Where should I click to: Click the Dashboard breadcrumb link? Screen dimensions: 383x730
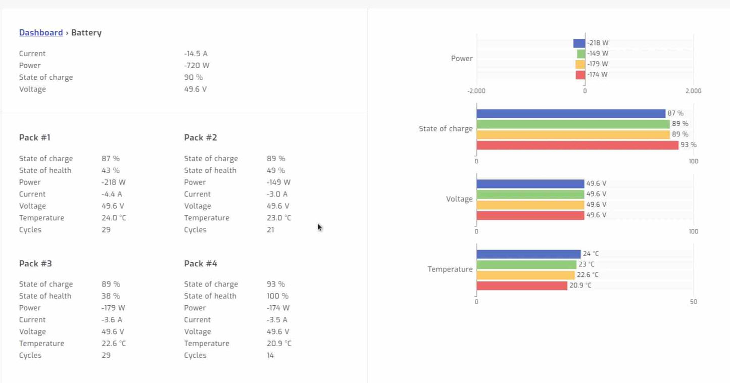point(41,33)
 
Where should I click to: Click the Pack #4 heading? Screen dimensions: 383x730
point(201,264)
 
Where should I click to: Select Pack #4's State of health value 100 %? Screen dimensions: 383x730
point(277,296)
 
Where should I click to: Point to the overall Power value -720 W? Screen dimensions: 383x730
point(197,66)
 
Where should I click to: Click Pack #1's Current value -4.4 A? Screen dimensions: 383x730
point(112,195)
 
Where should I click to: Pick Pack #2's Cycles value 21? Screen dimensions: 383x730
point(270,230)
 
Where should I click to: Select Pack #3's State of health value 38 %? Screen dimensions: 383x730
point(111,296)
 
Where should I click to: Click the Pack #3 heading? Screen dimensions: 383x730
point(35,264)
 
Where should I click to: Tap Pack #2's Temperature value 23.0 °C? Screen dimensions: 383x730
point(279,218)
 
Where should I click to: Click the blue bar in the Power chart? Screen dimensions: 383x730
point(579,43)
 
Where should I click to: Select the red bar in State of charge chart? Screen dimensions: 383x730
point(577,145)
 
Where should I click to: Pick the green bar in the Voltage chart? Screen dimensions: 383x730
point(530,194)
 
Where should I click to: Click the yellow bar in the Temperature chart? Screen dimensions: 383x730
point(525,275)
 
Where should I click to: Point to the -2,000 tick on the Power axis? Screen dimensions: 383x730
point(476,91)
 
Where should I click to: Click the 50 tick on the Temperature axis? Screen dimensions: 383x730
point(693,302)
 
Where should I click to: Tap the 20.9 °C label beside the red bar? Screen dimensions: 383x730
point(580,285)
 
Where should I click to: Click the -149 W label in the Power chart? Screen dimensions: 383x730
point(598,54)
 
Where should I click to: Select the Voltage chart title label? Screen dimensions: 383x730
point(459,199)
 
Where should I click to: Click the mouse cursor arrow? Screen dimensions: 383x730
point(319,227)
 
